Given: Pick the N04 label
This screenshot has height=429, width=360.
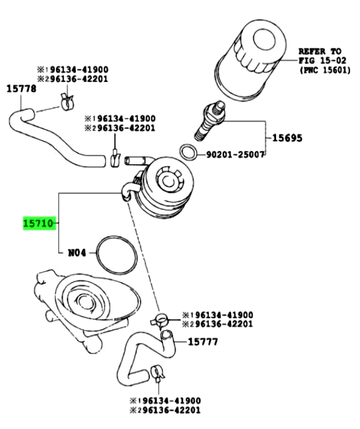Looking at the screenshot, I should [x=79, y=252].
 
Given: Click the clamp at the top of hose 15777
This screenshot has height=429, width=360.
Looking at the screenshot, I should [x=159, y=321].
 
